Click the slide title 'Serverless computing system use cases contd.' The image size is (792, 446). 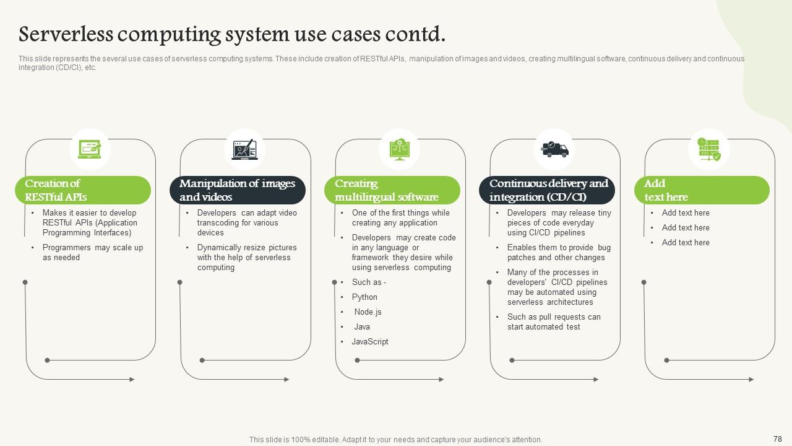pyautogui.click(x=232, y=34)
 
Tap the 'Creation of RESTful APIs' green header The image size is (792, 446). pyautogui.click(x=83, y=190)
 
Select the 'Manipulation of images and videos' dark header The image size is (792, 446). pyautogui.click(x=238, y=190)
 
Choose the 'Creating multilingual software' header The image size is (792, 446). pyautogui.click(x=392, y=190)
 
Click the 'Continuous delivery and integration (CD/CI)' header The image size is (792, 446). pyautogui.click(x=547, y=190)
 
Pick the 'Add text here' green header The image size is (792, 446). pyautogui.click(x=702, y=190)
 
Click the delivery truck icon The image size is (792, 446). pyautogui.click(x=554, y=149)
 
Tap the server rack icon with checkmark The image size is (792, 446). pyautogui.click(x=709, y=149)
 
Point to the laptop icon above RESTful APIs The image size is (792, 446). pyautogui.click(x=90, y=149)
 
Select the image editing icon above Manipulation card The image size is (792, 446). pyautogui.click(x=244, y=149)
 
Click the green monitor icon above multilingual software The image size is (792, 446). pyautogui.click(x=399, y=149)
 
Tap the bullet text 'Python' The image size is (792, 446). pyautogui.click(x=364, y=297)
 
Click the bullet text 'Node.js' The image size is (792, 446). pyautogui.click(x=368, y=312)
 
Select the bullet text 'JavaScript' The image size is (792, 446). pyautogui.click(x=370, y=342)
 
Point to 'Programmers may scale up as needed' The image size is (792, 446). pyautogui.click(x=93, y=253)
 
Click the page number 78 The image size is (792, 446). pyautogui.click(x=778, y=439)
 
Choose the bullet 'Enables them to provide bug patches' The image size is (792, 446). pyautogui.click(x=559, y=253)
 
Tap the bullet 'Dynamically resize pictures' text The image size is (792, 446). pyautogui.click(x=247, y=258)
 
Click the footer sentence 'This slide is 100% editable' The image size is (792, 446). pyautogui.click(x=396, y=440)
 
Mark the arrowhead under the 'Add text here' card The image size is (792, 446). pyautogui.click(x=751, y=379)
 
